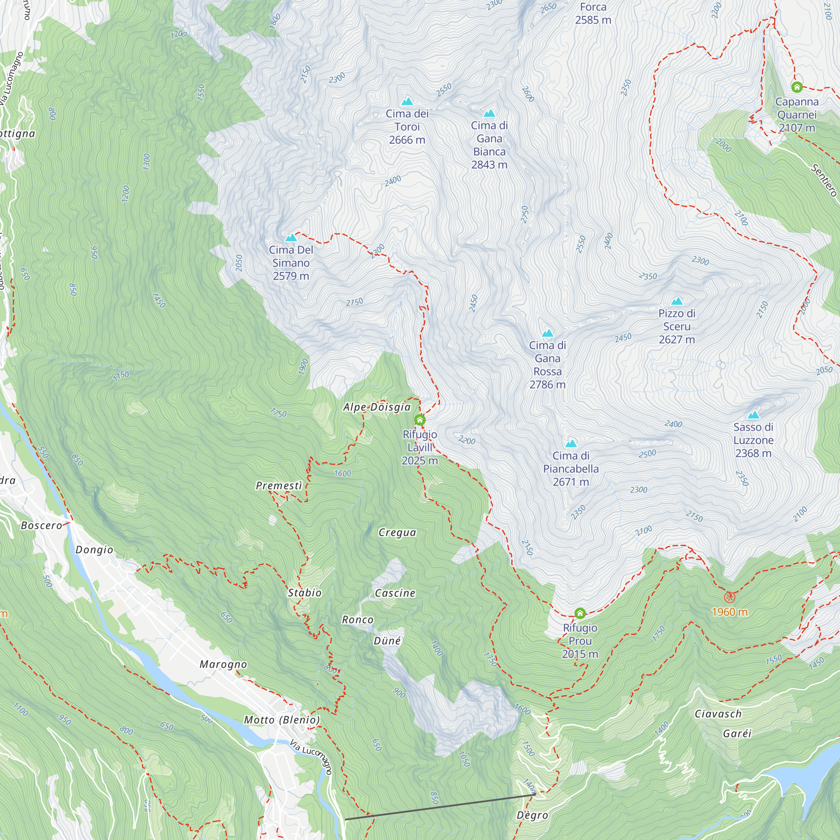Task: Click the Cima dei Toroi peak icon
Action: [407, 102]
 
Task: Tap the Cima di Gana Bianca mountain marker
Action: [489, 113]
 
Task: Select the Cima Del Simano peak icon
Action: [291, 238]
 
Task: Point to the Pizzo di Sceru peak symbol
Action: [677, 301]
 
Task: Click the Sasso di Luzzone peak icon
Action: [753, 415]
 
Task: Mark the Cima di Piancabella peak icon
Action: [571, 444]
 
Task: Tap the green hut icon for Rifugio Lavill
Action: [420, 420]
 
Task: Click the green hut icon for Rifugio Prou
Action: [580, 613]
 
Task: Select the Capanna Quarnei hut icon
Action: [796, 87]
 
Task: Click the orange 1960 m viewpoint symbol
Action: [730, 597]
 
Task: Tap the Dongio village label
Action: [94, 550]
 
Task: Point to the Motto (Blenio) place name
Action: [282, 720]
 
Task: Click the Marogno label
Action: [223, 664]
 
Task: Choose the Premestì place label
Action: [279, 486]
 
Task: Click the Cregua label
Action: [397, 533]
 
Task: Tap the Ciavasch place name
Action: [718, 714]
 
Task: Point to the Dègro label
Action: [532, 815]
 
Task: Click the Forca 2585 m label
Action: [593, 13]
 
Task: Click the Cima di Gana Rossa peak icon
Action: [547, 333]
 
